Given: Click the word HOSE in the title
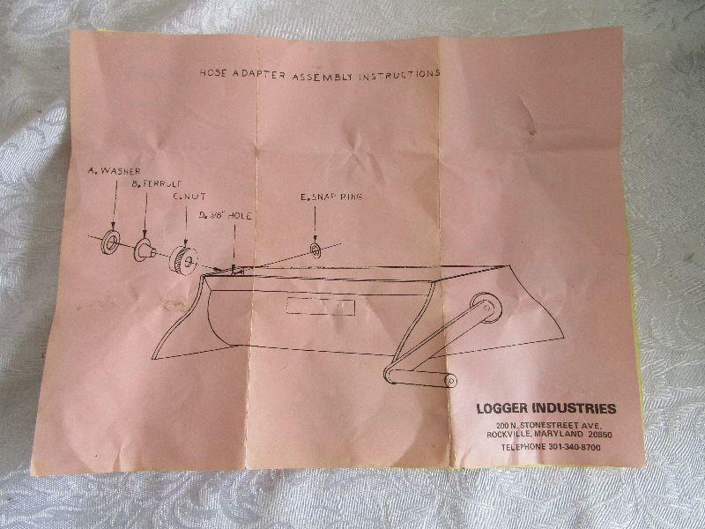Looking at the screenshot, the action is pos(213,73).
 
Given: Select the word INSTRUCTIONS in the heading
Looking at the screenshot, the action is pos(399,75).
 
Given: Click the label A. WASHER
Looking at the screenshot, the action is pos(115,171).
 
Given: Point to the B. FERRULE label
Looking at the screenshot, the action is pos(157,183).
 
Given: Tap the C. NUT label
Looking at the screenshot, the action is pos(189,197).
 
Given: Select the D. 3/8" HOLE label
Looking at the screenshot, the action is pos(226,216).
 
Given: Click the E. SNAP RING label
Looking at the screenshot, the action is pos(331,197).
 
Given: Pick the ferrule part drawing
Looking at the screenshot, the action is pos(145,250).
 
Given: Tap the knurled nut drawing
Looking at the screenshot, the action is pos(183,259).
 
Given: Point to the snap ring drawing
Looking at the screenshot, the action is pos(315,250).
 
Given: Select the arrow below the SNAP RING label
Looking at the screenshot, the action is pos(315,224).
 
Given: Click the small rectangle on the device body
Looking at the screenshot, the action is pos(321,306).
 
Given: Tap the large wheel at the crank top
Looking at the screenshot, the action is pos(486,308).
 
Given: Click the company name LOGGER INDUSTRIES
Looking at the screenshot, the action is pos(546,408).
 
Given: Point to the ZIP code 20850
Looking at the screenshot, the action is pos(600,435).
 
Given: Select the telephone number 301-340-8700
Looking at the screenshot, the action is pos(575,447).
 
